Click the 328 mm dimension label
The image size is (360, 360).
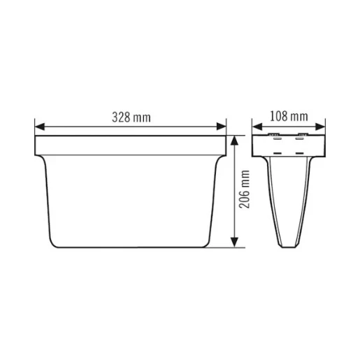pos(131,117)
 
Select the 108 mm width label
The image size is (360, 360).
pos(289,116)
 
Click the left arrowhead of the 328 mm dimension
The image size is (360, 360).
pos(39,127)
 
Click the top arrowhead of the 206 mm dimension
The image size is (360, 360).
pos(236,140)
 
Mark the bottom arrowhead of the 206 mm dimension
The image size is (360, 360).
pos(236,243)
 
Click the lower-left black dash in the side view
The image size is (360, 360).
pos(278,151)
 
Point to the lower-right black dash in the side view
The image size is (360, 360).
pos(300,151)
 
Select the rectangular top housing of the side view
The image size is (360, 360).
pos(289,145)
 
